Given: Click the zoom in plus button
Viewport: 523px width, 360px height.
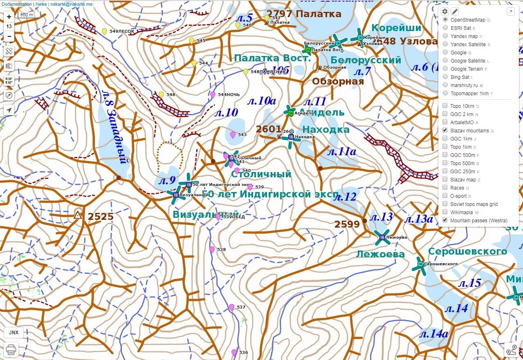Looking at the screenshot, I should (x=9, y=17).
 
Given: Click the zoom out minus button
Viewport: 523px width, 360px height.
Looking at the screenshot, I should (x=9, y=36).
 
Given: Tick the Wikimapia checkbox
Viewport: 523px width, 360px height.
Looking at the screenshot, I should (x=445, y=212).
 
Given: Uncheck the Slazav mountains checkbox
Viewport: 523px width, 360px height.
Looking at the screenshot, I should (x=445, y=130).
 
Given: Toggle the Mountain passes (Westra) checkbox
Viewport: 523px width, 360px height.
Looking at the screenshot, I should (x=445, y=220).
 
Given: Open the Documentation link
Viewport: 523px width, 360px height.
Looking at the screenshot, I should (x=16, y=4).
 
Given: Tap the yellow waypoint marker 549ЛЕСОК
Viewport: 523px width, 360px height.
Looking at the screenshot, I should (x=104, y=31).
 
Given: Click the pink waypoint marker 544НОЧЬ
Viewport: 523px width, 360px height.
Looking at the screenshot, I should (x=213, y=94).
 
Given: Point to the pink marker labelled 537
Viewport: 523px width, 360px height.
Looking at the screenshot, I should (x=231, y=307).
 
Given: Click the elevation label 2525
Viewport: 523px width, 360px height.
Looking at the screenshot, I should (x=101, y=217).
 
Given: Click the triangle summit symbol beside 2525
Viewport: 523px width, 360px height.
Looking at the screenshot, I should (x=78, y=215).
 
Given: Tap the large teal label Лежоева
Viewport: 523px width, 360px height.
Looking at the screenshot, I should (x=380, y=254).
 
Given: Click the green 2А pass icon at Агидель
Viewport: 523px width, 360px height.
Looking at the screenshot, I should (x=291, y=113).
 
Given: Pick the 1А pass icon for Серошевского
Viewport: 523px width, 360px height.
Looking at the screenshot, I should (x=420, y=264).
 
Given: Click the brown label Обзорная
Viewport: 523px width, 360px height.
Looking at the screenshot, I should (x=338, y=81).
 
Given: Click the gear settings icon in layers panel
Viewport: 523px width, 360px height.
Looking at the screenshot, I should (x=445, y=11).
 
